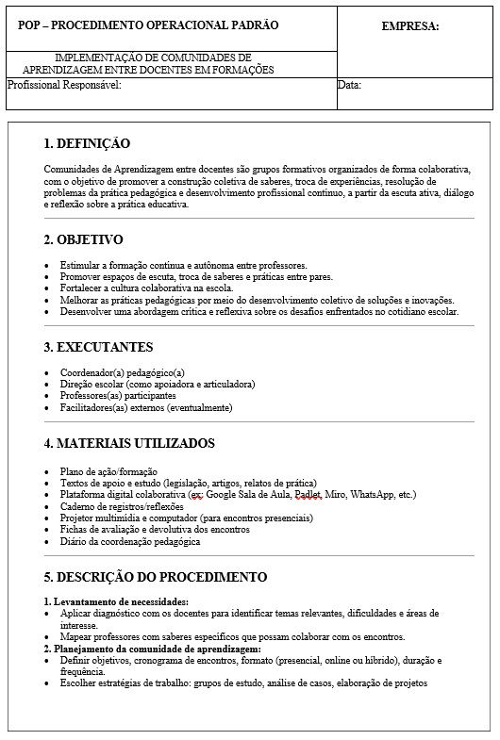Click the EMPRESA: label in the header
click(x=410, y=26)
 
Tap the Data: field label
click(x=349, y=85)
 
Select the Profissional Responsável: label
click(x=65, y=85)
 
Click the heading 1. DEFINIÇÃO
click(x=87, y=144)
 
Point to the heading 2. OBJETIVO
click(x=83, y=239)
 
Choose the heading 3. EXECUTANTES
click(x=98, y=347)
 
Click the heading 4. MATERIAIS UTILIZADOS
click(x=129, y=443)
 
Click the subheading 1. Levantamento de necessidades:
click(x=116, y=600)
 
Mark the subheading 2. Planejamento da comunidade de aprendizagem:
click(x=152, y=649)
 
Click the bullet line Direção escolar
click(x=157, y=384)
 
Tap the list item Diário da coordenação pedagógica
click(x=130, y=542)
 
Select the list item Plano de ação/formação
click(x=108, y=470)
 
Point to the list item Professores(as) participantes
click(x=118, y=396)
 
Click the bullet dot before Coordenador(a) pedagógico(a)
click(x=47, y=372)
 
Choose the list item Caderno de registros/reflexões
click(x=121, y=506)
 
